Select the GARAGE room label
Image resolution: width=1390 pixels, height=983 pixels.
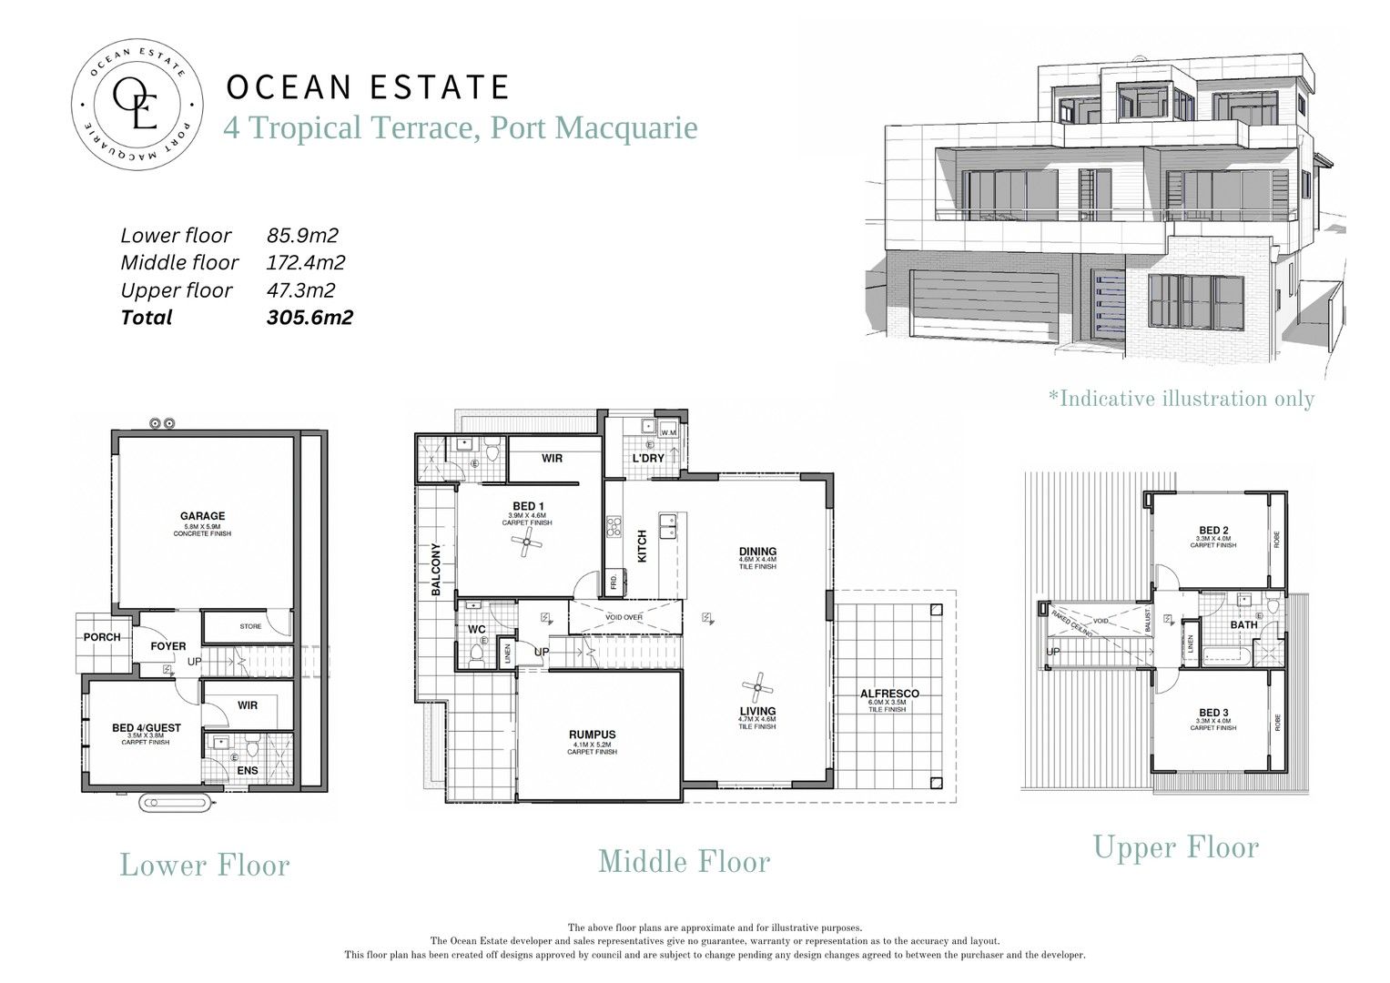[202, 516]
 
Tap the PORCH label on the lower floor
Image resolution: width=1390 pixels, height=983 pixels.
[102, 637]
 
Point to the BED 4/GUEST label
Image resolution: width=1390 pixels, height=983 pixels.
[147, 728]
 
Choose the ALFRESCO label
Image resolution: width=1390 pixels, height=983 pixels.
[889, 694]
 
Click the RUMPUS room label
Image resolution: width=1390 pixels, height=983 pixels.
[593, 735]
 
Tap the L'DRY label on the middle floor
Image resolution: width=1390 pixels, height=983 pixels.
[648, 458]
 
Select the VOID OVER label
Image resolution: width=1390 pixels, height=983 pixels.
[624, 617]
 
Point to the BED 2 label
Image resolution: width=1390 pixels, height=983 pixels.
[1213, 531]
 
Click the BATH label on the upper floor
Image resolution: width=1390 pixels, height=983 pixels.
[1243, 624]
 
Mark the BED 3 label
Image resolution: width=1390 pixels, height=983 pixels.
[1213, 713]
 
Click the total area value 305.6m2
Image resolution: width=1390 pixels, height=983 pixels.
[309, 318]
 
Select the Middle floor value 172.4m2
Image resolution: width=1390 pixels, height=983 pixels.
[306, 263]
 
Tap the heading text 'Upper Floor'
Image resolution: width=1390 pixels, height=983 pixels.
[1176, 847]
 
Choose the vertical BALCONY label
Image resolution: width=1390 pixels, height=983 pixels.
[436, 570]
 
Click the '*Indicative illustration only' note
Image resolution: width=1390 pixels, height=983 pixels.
[1182, 399]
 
